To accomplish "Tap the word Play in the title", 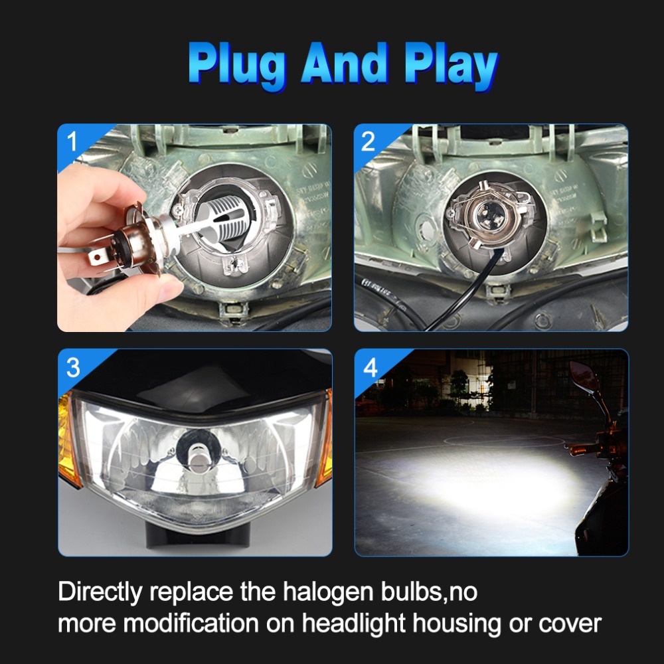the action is (452, 66).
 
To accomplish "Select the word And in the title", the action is (345, 62).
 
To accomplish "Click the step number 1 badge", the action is (72, 141).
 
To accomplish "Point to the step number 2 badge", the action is (368, 141).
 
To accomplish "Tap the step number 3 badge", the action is (73, 367).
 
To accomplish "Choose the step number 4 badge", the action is (370, 367).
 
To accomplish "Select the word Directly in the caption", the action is (100, 592).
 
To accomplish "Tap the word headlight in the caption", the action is (354, 624).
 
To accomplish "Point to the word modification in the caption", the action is (191, 623).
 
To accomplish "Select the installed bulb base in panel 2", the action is (487, 214).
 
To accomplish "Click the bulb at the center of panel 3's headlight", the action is (196, 457).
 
